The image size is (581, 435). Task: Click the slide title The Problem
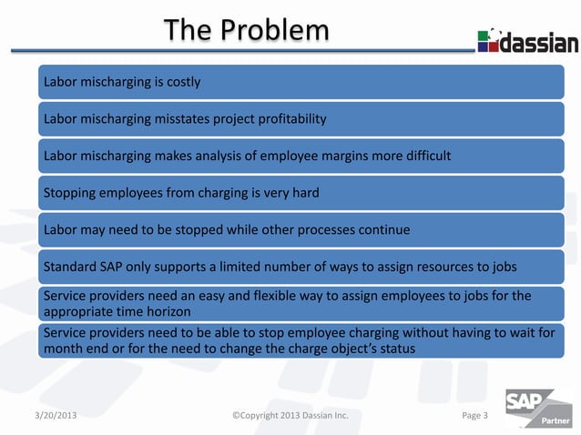(x=246, y=32)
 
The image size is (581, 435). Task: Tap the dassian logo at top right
(x=527, y=42)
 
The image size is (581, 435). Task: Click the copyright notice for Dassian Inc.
(x=290, y=416)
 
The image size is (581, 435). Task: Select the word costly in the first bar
(x=181, y=82)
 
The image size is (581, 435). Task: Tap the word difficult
(x=423, y=156)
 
